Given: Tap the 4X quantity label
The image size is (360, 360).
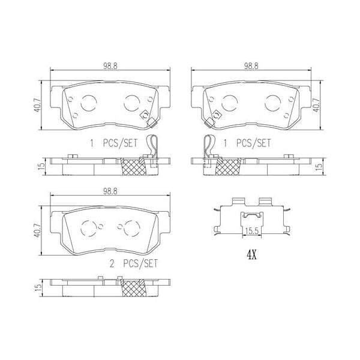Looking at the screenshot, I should click(x=251, y=254).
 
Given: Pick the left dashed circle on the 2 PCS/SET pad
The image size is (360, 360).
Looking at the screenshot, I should click(x=88, y=227).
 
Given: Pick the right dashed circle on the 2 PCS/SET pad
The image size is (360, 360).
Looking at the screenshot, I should click(x=130, y=226).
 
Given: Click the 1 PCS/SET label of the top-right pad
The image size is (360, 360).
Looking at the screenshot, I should click(x=247, y=143).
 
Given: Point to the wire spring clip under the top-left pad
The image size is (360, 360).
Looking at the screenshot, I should click(x=153, y=148).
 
